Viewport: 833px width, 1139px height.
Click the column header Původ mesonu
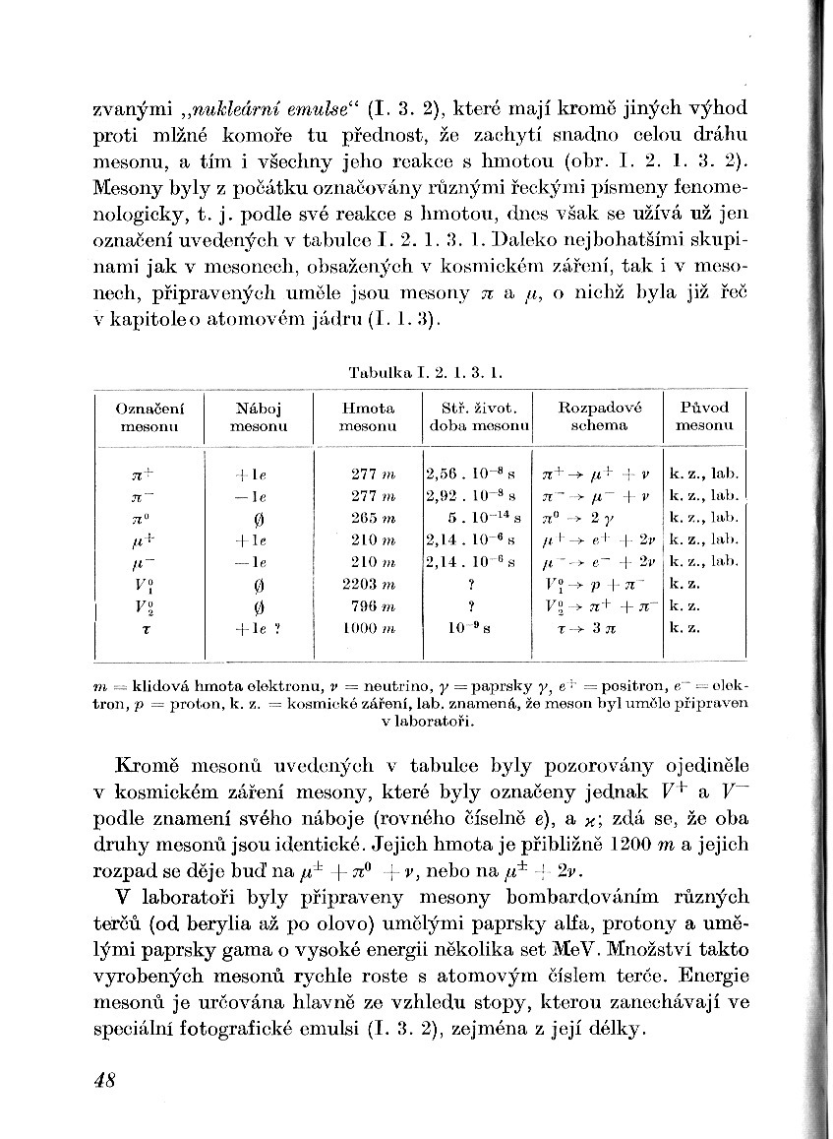pos(704,416)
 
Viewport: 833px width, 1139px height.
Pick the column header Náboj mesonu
pos(258,416)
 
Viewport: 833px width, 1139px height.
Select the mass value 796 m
pos(366,604)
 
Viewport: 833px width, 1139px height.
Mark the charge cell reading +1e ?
pos(258,627)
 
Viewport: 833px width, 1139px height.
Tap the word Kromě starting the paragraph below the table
pos(148,764)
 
